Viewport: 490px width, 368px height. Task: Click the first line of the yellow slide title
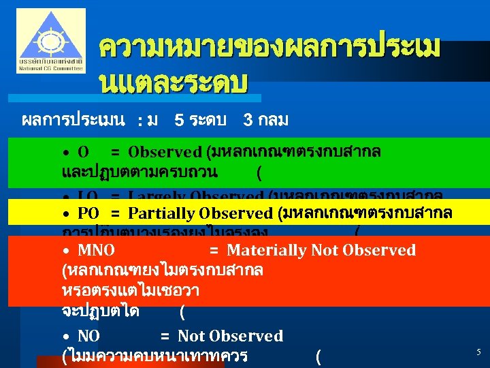269,48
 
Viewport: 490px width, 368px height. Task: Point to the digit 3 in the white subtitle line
248,121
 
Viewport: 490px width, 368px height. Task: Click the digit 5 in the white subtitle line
178,121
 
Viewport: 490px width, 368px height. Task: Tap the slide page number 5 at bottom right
478,352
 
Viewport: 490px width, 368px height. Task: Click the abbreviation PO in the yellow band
88,213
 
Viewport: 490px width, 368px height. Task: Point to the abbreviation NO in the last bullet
88,336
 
